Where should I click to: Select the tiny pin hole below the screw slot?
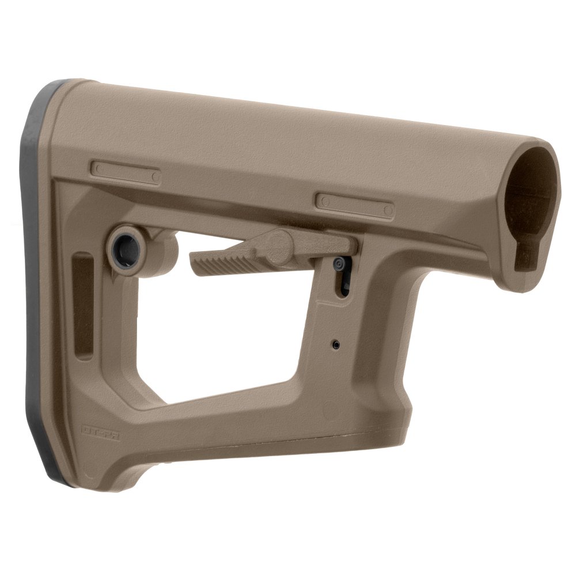pyautogui.click(x=336, y=344)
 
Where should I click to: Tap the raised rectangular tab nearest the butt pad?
pyautogui.click(x=126, y=172)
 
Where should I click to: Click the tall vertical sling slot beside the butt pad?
pyautogui.click(x=84, y=305)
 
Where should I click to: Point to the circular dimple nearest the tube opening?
pyautogui.click(x=387, y=211)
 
